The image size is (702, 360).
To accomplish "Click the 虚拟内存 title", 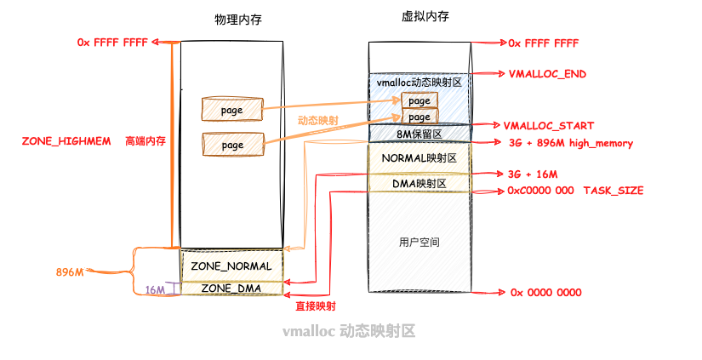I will pos(419,17).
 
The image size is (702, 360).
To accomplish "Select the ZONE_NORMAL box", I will pos(231,266).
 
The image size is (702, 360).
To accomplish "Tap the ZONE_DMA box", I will pos(231,288).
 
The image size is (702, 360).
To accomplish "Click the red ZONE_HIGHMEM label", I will pos(66,140).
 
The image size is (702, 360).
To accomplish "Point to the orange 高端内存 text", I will pos(145,140).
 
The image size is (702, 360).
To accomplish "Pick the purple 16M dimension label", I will pos(155,290).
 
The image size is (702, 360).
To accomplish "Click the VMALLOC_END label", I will pos(547,74).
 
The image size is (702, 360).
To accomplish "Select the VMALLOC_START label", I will pos(549,125).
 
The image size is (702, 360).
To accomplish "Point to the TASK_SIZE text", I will pos(613,191).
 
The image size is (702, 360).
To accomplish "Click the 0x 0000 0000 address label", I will pos(545,292).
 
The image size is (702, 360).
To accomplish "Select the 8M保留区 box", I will pos(419,133).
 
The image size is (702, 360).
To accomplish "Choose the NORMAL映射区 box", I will pos(419,158).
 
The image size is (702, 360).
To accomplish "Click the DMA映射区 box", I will pos(419,182).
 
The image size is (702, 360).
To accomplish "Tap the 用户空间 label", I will pos(419,243).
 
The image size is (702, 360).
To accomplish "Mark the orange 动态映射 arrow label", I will pos(317,121).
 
